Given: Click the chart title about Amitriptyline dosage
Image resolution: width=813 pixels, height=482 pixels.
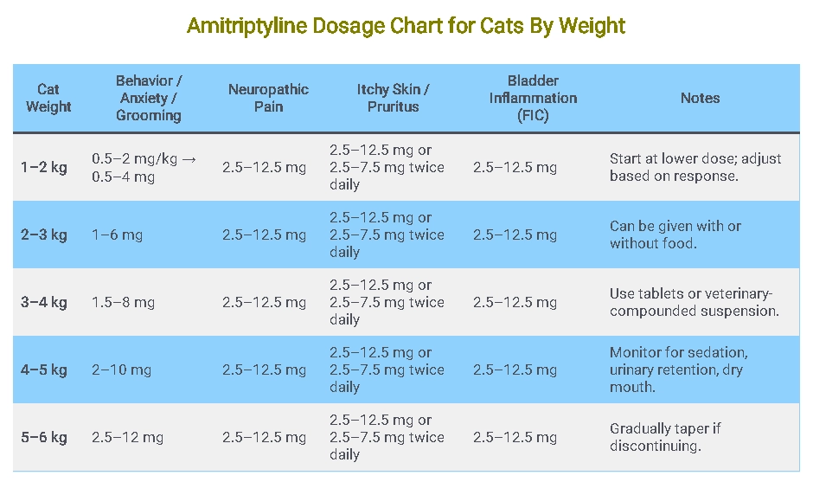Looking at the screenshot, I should point(406,26).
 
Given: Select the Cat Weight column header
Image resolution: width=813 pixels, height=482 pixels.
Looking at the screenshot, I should point(48,98).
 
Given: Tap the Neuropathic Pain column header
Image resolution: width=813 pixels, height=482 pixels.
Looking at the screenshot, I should point(268,98).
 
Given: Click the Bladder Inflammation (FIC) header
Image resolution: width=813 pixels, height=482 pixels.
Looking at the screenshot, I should point(532,98).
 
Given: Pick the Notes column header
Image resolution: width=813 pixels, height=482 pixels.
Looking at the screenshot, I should point(700,98).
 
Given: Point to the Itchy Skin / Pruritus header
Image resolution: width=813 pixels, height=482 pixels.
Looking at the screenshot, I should point(393,98).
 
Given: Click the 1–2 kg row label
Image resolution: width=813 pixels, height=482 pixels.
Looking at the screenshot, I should point(44,167).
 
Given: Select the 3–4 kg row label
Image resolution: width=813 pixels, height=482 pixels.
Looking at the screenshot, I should point(44,302).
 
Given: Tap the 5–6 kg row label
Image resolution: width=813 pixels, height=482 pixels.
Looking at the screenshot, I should point(44,437).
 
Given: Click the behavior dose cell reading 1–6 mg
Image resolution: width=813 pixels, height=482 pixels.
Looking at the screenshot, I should point(118,235).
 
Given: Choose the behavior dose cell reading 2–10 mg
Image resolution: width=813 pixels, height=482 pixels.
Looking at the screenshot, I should point(121,370).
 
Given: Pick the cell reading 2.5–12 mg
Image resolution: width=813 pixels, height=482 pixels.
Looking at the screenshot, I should point(127,437).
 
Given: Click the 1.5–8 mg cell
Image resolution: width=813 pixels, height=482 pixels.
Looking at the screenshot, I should point(123,302).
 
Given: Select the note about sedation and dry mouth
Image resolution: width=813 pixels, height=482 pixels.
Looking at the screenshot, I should point(678,370).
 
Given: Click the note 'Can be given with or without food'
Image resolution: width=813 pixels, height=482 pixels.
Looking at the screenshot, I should point(675,235).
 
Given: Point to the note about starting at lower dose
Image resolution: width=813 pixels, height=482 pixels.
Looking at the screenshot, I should point(695,167).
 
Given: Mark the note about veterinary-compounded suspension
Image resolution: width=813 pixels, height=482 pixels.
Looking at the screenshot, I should point(694,302).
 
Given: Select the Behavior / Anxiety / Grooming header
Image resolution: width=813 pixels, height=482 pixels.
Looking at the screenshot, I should point(149,98).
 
